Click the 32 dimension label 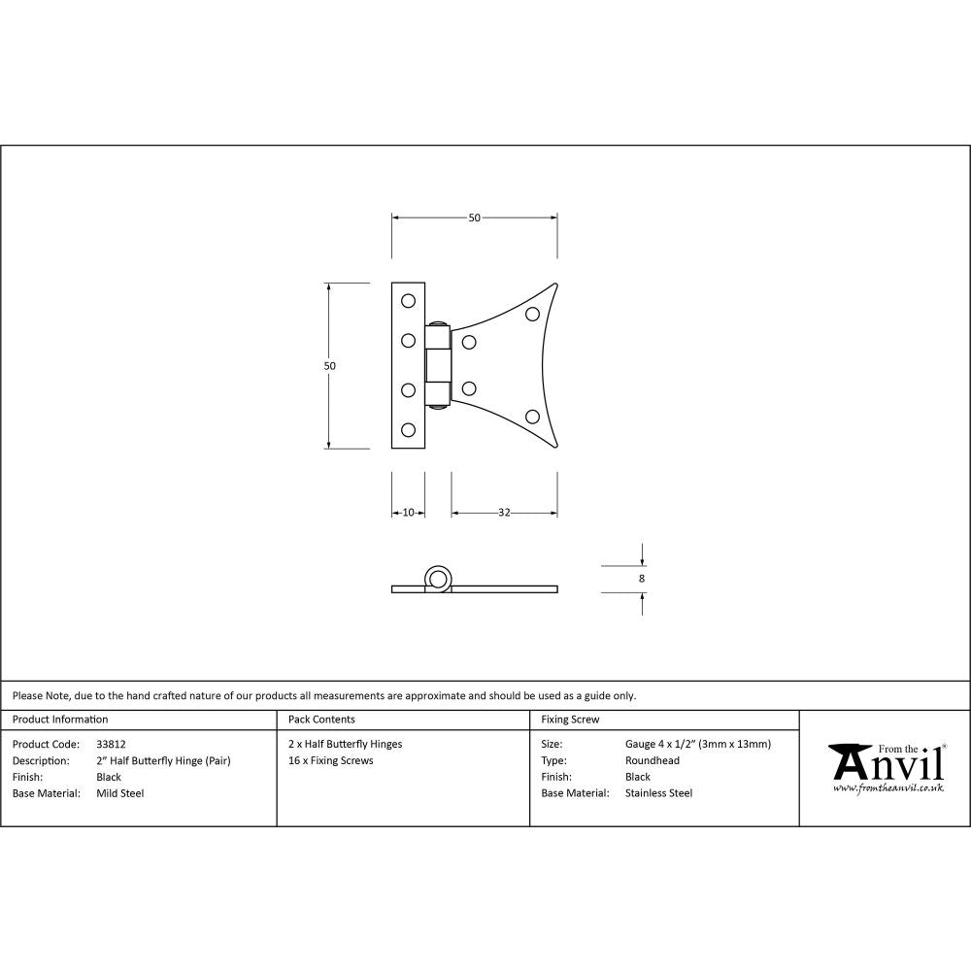(x=504, y=513)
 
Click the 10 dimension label (x=408, y=513)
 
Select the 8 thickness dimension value (x=642, y=579)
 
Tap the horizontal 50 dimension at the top (x=475, y=218)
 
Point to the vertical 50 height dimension (x=330, y=366)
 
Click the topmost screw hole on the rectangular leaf (x=409, y=300)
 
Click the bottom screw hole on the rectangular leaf (x=409, y=429)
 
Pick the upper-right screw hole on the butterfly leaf (x=532, y=314)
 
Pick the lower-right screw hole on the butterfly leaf (x=532, y=417)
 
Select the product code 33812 (x=112, y=744)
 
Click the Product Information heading (x=60, y=720)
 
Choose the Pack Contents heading (x=321, y=720)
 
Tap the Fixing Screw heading (x=570, y=720)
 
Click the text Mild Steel (x=120, y=793)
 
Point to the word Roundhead (x=653, y=760)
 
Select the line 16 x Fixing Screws (x=331, y=760)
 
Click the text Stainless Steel (x=659, y=793)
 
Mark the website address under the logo (x=888, y=788)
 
